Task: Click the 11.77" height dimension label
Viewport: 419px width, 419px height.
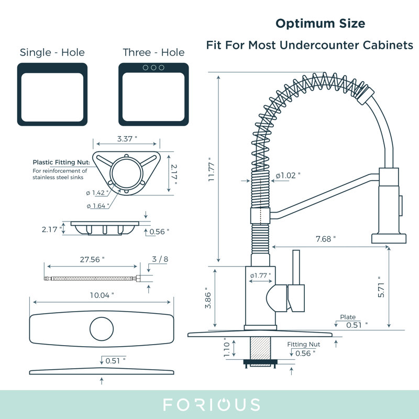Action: [211, 169]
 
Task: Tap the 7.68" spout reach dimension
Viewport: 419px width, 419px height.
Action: [325, 239]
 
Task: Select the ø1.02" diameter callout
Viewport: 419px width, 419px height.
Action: [288, 175]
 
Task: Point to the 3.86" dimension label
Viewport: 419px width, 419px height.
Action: [208, 298]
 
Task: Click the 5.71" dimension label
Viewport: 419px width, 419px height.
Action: [381, 287]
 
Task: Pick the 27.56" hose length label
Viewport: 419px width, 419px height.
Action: [92, 259]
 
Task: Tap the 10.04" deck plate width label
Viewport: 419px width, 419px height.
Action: [102, 295]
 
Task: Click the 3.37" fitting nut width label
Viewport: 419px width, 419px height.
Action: [127, 139]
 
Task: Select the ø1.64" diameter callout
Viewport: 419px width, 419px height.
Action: [98, 206]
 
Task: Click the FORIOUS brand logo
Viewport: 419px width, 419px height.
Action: [212, 404]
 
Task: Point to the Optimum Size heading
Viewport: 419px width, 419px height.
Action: [320, 24]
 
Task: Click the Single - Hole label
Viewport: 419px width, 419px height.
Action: [52, 52]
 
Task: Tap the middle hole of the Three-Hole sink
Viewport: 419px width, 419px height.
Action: [153, 68]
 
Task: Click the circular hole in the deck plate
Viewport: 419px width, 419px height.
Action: [102, 329]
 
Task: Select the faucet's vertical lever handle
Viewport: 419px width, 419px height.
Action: [296, 268]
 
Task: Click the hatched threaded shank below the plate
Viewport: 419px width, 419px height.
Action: [260, 348]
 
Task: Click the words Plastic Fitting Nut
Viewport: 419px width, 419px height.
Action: [61, 162]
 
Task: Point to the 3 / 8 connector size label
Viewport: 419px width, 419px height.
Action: [160, 259]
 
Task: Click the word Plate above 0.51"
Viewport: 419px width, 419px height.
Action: [348, 317]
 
